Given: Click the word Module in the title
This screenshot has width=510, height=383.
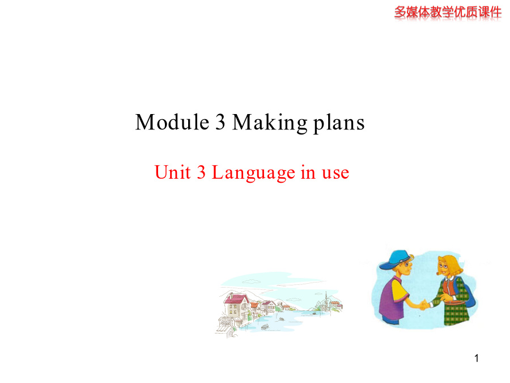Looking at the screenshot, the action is click(172, 122).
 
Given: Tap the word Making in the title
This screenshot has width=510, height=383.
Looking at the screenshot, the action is click(270, 123).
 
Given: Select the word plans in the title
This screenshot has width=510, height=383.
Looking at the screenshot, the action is click(339, 124).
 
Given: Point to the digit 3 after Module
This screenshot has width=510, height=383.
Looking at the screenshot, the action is click(220, 122).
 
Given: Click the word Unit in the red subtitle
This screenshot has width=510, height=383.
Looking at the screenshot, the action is click(172, 172).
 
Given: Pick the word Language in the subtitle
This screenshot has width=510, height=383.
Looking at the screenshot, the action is click(253, 173).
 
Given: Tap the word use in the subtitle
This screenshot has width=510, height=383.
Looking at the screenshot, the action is click(335, 174).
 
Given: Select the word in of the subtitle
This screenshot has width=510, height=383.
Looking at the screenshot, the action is click(308, 172).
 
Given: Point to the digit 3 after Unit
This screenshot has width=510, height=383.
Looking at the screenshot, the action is click(201, 172).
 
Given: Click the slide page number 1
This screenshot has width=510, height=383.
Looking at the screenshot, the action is click(477, 358).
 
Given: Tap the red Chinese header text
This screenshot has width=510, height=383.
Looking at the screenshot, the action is click(448, 12).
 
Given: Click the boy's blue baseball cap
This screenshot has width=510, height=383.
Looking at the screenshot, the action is click(394, 259).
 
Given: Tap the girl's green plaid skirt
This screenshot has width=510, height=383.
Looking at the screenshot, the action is click(456, 313).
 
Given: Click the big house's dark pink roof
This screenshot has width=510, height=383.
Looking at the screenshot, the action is click(236, 299).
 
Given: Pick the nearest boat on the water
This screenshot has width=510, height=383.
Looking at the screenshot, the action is click(265, 327).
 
